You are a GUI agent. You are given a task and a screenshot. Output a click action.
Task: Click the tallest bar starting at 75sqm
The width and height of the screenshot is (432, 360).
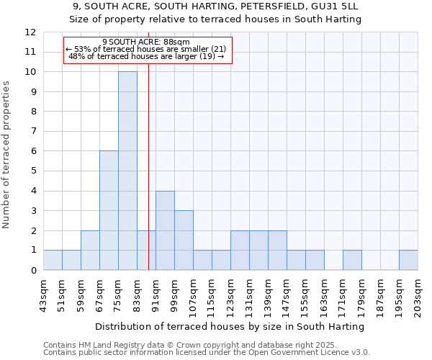click(x=127, y=171)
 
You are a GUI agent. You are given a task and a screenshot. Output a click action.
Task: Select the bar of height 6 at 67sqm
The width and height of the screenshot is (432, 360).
click(x=109, y=210)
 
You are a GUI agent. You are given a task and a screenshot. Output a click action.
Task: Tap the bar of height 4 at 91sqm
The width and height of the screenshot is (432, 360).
click(x=165, y=230)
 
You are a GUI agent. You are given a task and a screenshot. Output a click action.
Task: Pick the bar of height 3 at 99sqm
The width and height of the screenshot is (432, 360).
click(x=184, y=240)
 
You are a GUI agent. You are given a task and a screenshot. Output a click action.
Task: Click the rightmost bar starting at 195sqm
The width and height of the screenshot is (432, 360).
click(x=408, y=260)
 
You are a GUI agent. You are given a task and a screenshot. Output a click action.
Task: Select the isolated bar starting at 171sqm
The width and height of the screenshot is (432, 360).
click(x=352, y=260)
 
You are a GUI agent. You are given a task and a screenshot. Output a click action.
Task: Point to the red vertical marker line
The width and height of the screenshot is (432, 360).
click(x=148, y=180)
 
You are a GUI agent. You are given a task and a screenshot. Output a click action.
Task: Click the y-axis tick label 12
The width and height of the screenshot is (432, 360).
click(x=30, y=32)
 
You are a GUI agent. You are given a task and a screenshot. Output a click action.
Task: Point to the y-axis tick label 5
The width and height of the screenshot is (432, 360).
click(x=33, y=171)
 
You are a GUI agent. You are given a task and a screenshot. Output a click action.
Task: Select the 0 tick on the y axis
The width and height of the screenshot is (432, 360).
click(x=33, y=271)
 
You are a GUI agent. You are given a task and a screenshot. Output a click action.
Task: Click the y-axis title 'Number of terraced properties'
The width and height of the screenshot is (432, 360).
click(x=6, y=154)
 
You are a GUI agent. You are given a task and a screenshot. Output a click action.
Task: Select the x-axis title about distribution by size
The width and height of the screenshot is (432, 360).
click(x=230, y=327)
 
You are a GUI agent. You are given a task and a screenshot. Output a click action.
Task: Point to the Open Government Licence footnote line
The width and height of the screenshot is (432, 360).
click(x=207, y=353)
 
